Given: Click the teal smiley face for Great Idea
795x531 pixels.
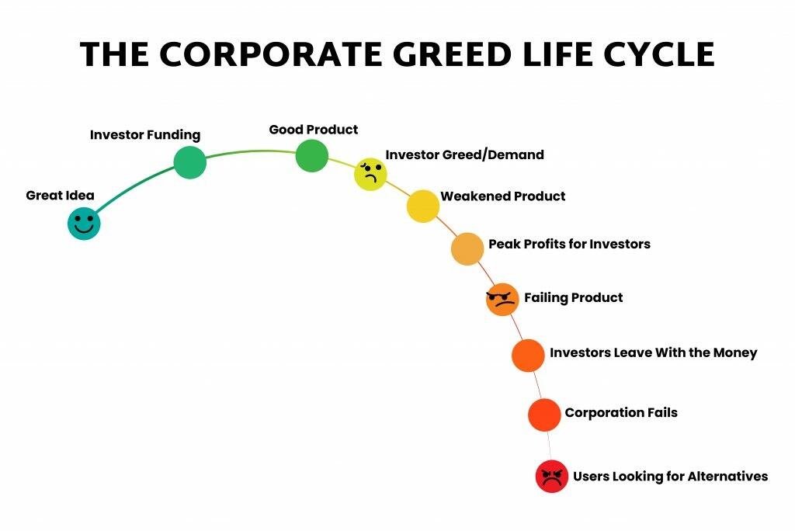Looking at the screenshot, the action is pos(84,223).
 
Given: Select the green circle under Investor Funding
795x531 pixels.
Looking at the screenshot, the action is pos(190,162).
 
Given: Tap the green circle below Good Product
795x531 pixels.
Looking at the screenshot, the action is pos(312,156).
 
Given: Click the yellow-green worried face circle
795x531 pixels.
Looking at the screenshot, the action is pos(370,175).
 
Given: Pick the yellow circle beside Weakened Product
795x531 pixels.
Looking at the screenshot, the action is pos(423,206).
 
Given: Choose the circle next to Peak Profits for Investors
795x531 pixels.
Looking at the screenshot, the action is pos(467,248).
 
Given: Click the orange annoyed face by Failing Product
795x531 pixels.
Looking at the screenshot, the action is pos(502,299).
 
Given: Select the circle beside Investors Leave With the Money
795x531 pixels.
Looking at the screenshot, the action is pos(528,356).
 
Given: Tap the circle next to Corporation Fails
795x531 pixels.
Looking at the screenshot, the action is pos(544,415).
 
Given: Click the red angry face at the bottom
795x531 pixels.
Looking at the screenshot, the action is pos(552,476).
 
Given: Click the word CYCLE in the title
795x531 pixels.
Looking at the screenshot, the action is pos(659,54).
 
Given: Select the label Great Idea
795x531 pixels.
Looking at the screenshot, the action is pos(60,196).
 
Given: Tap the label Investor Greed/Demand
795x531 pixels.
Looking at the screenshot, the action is pos(464,154).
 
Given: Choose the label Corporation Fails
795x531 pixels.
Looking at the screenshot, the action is pos(621,413).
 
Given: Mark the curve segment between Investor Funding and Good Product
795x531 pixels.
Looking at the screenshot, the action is pos(251,151).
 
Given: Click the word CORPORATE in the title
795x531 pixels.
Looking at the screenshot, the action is pos(271,54).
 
